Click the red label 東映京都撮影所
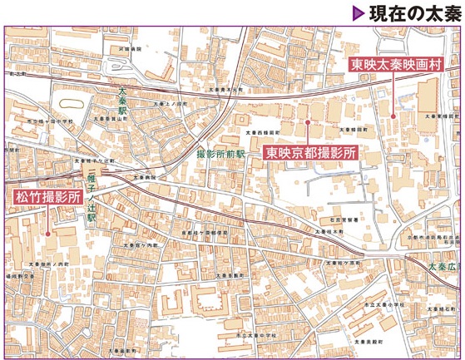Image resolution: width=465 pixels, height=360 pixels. [x=311, y=153]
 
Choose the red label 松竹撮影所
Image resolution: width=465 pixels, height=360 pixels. [x=47, y=198]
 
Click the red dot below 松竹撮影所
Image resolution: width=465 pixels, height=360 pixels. [x=47, y=233]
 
